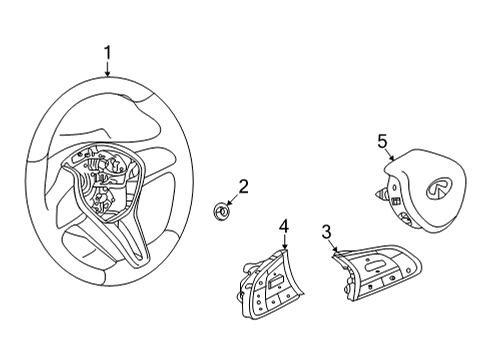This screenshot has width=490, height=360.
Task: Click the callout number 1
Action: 109,52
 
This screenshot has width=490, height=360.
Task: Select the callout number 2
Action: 243,186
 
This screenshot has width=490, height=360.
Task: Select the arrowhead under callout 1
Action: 109,74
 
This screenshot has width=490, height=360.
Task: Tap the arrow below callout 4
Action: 284,249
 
